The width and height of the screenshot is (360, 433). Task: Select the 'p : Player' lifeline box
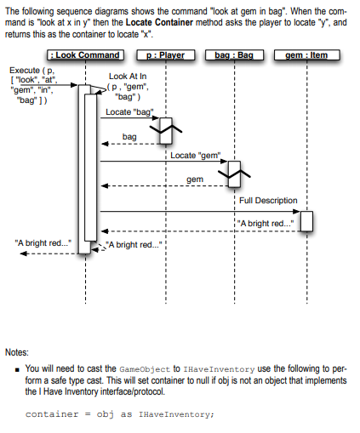click(x=164, y=55)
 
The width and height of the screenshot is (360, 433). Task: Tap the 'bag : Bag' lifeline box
click(x=233, y=55)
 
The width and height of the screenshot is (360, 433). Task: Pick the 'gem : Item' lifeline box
click(x=306, y=55)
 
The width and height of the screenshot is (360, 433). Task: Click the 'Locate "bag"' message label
click(x=129, y=111)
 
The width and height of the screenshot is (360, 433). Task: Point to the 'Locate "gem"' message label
click(x=196, y=155)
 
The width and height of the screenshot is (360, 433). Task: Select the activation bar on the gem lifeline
click(x=306, y=219)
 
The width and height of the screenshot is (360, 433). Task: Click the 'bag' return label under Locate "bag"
click(x=129, y=136)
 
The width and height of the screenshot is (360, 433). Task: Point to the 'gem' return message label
click(x=195, y=179)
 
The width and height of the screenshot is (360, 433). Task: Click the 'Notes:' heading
click(x=17, y=351)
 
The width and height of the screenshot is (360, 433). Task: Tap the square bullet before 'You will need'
click(x=18, y=369)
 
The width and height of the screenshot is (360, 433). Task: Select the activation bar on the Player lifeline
click(x=166, y=129)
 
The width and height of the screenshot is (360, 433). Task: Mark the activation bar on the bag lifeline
click(x=233, y=174)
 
